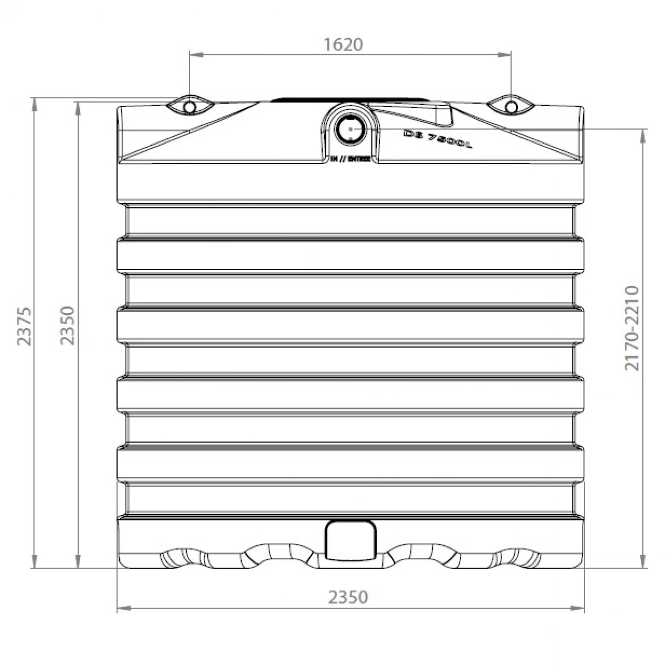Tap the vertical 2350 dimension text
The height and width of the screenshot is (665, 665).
(67, 325)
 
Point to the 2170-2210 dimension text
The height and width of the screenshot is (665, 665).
(631, 328)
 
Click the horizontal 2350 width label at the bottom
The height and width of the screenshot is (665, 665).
(348, 597)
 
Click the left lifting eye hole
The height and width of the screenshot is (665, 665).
(189, 106)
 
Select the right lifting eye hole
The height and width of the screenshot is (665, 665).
(511, 106)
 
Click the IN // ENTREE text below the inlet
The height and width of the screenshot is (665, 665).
(350, 159)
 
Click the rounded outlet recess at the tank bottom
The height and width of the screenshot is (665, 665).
(350, 540)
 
